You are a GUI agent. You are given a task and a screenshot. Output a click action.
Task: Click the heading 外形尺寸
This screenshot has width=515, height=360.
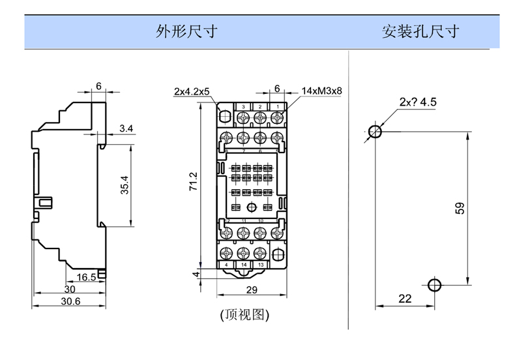(x=185, y=31)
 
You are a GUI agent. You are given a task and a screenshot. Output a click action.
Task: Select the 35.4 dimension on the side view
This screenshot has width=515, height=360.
(x=125, y=186)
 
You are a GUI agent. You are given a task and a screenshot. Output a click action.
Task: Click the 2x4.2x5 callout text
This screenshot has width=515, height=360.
(x=192, y=92)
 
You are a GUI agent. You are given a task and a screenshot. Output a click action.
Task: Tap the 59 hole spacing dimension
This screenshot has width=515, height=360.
(x=459, y=209)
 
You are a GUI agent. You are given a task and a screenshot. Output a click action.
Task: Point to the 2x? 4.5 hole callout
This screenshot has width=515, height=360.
(x=418, y=102)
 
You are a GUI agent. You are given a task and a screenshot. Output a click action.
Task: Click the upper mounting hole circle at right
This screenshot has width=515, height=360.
(x=375, y=132)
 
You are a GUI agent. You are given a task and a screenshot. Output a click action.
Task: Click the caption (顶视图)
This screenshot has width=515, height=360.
(x=244, y=314)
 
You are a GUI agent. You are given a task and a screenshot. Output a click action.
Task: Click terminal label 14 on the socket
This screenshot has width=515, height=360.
(x=243, y=264)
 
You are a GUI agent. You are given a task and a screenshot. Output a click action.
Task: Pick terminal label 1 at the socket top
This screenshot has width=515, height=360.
(x=276, y=106)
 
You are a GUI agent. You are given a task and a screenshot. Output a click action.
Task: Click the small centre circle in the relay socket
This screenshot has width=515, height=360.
(x=252, y=208)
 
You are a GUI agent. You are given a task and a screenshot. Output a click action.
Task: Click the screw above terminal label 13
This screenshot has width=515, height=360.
(x=260, y=252)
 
